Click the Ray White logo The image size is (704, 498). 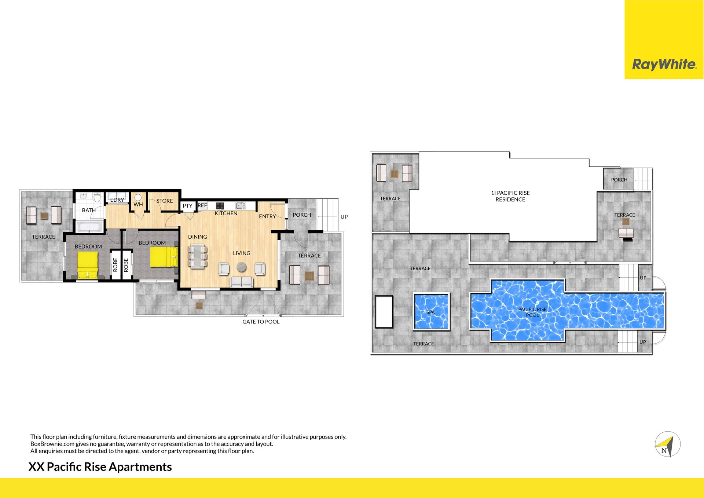click(664, 65)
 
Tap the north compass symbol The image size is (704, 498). click(667, 444)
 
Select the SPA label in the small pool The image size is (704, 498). click(430, 312)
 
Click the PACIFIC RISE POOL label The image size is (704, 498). click(532, 312)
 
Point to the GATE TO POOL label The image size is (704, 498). click(261, 322)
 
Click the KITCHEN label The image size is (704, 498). click(226, 213)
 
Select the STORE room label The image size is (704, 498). click(165, 201)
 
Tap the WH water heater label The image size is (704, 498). click(138, 205)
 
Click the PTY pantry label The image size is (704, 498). click(187, 206)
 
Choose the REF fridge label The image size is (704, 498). click(202, 205)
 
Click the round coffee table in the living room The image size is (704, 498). click(241, 267)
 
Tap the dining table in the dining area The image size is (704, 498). click(198, 256)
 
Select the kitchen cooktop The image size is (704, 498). click(220, 205)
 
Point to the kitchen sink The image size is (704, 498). click(241, 205)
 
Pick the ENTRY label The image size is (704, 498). click(267, 217)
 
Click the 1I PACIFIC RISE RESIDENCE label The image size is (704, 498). click(510, 196)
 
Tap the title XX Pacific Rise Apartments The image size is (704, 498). click(100, 467)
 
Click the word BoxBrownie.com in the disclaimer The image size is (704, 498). click(52, 444)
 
